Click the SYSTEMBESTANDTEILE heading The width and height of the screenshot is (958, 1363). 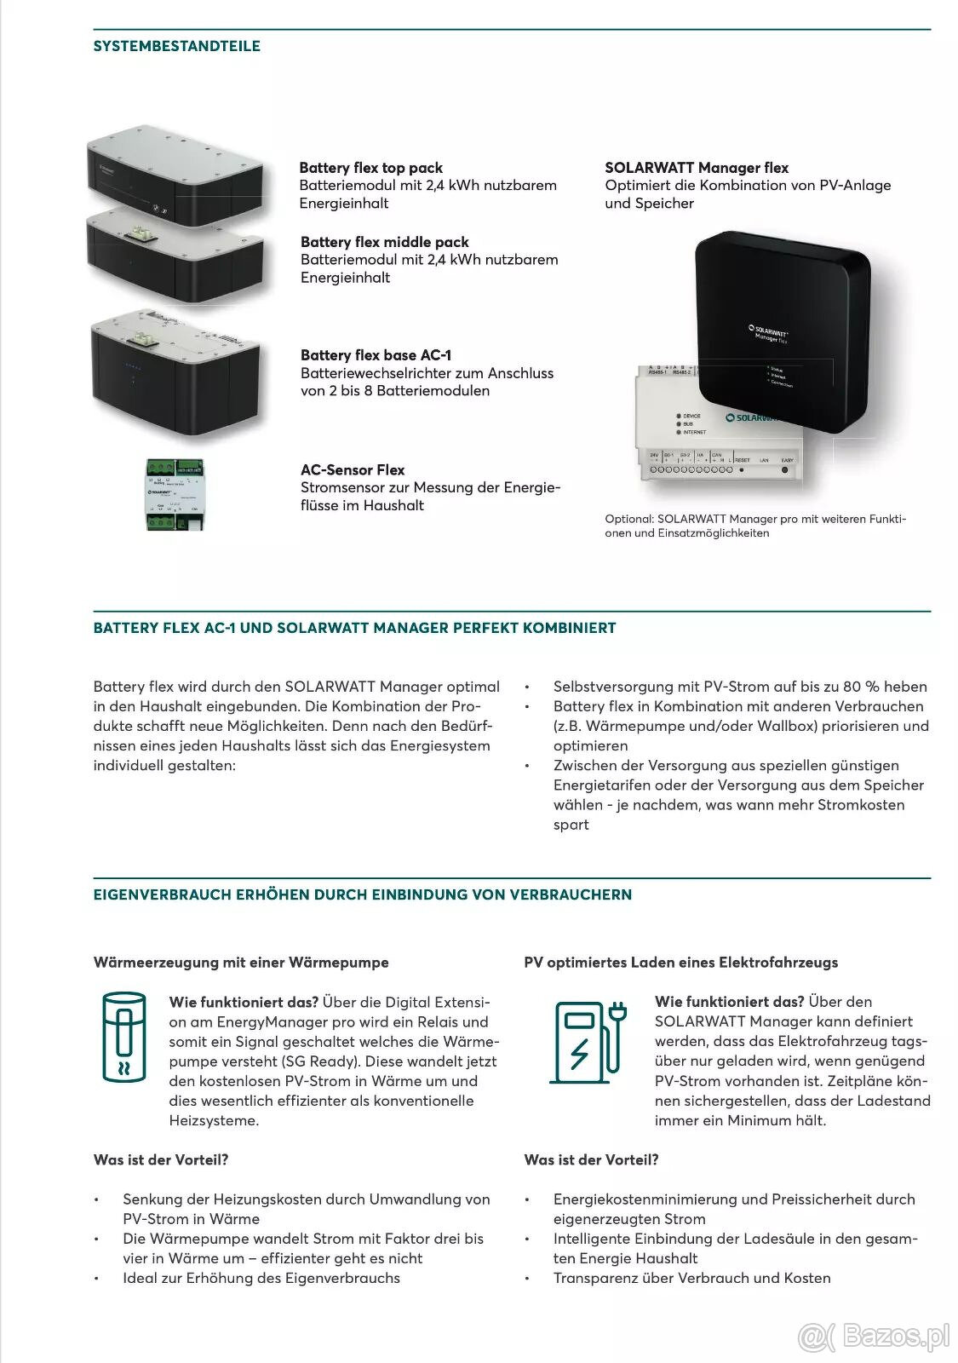(x=177, y=46)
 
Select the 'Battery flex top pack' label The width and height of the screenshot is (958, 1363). (x=370, y=168)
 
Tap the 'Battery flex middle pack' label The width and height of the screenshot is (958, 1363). (x=384, y=242)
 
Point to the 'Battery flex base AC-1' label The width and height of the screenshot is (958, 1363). (x=376, y=355)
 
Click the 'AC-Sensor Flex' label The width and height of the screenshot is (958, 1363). (x=353, y=469)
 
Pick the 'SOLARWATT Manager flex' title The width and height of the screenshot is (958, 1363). (x=697, y=168)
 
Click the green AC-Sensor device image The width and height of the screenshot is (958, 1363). (x=175, y=494)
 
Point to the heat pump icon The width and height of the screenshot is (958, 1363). (x=124, y=1036)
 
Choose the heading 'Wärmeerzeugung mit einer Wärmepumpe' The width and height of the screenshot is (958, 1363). (x=241, y=963)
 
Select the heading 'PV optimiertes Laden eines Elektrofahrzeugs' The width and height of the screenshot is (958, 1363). (x=681, y=963)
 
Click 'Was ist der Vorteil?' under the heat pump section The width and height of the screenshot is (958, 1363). (x=161, y=1160)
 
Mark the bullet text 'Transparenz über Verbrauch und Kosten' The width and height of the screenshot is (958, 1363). (x=691, y=1278)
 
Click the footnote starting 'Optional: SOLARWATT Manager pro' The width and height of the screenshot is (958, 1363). (x=755, y=526)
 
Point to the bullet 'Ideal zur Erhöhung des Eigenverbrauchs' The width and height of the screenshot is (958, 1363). (x=261, y=1278)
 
